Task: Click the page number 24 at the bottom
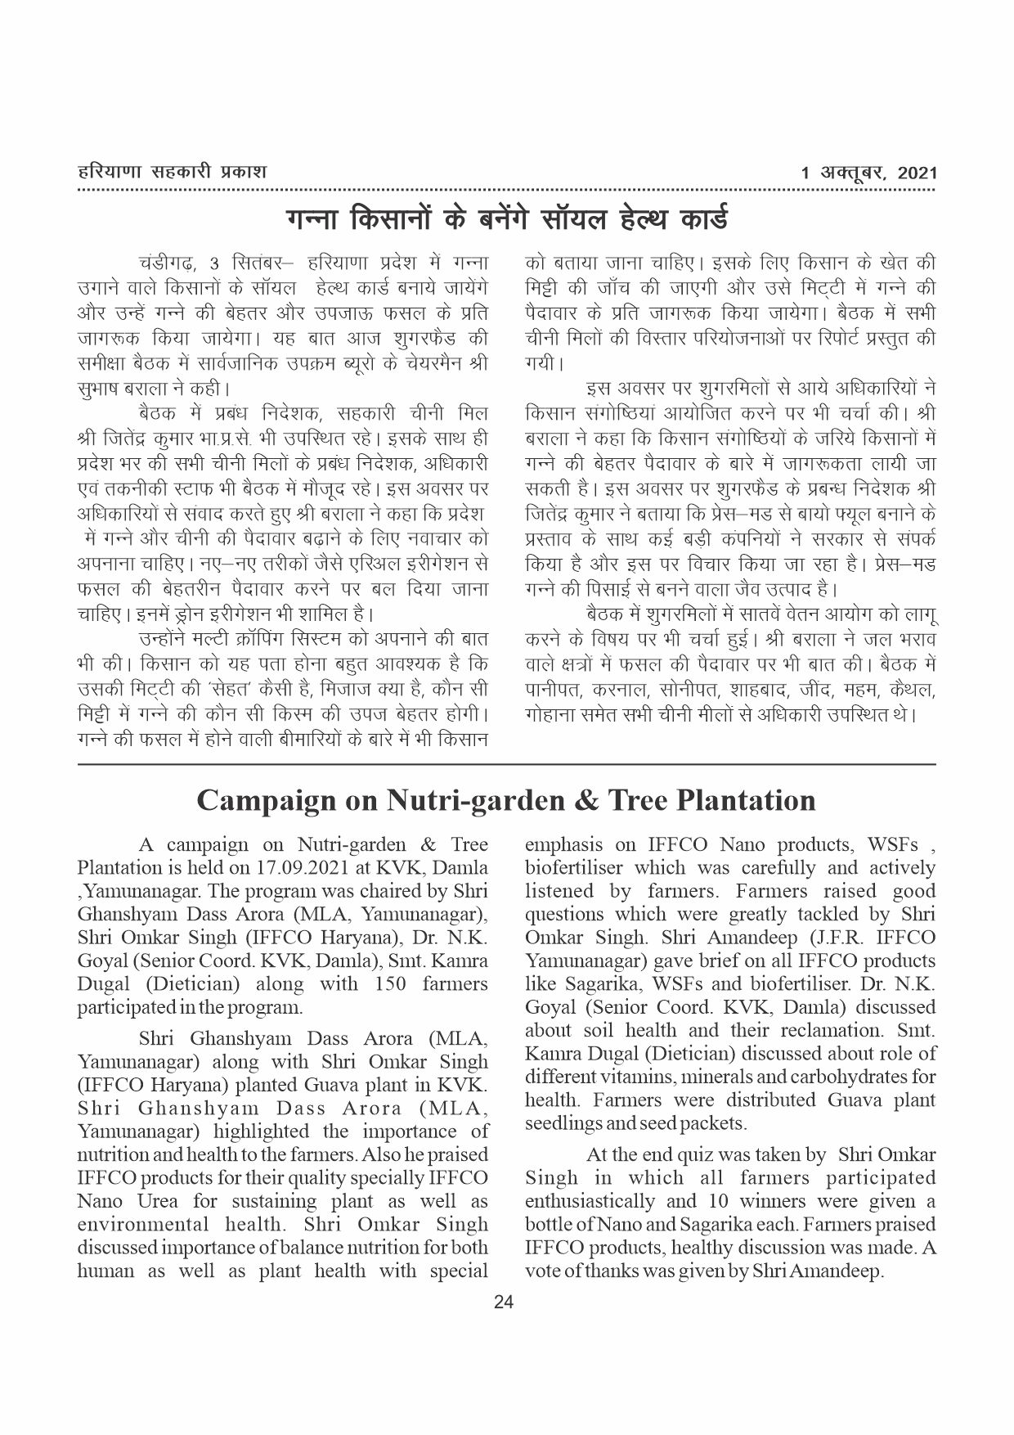(x=504, y=1303)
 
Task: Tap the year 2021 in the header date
(x=917, y=173)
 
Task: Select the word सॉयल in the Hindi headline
(x=585, y=220)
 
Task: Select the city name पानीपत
(x=552, y=691)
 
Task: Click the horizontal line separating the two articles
(x=506, y=764)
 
